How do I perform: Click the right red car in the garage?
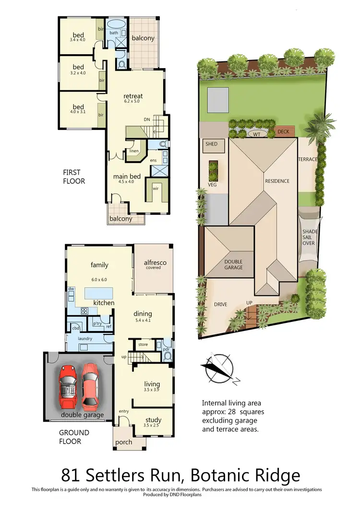pos(91,384)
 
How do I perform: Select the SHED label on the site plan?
pos(211,144)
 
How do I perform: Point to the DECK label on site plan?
pos(283,131)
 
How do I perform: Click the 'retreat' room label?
pos(133,96)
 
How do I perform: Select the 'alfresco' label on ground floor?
pos(153,262)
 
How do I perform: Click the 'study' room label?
pos(152,419)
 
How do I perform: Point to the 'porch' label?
pos(123,442)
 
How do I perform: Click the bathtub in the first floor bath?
pos(116,24)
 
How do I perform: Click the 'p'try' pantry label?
pos(98,324)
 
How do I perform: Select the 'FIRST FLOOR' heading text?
pos(74,177)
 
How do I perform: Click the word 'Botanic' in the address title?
pos(218,475)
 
